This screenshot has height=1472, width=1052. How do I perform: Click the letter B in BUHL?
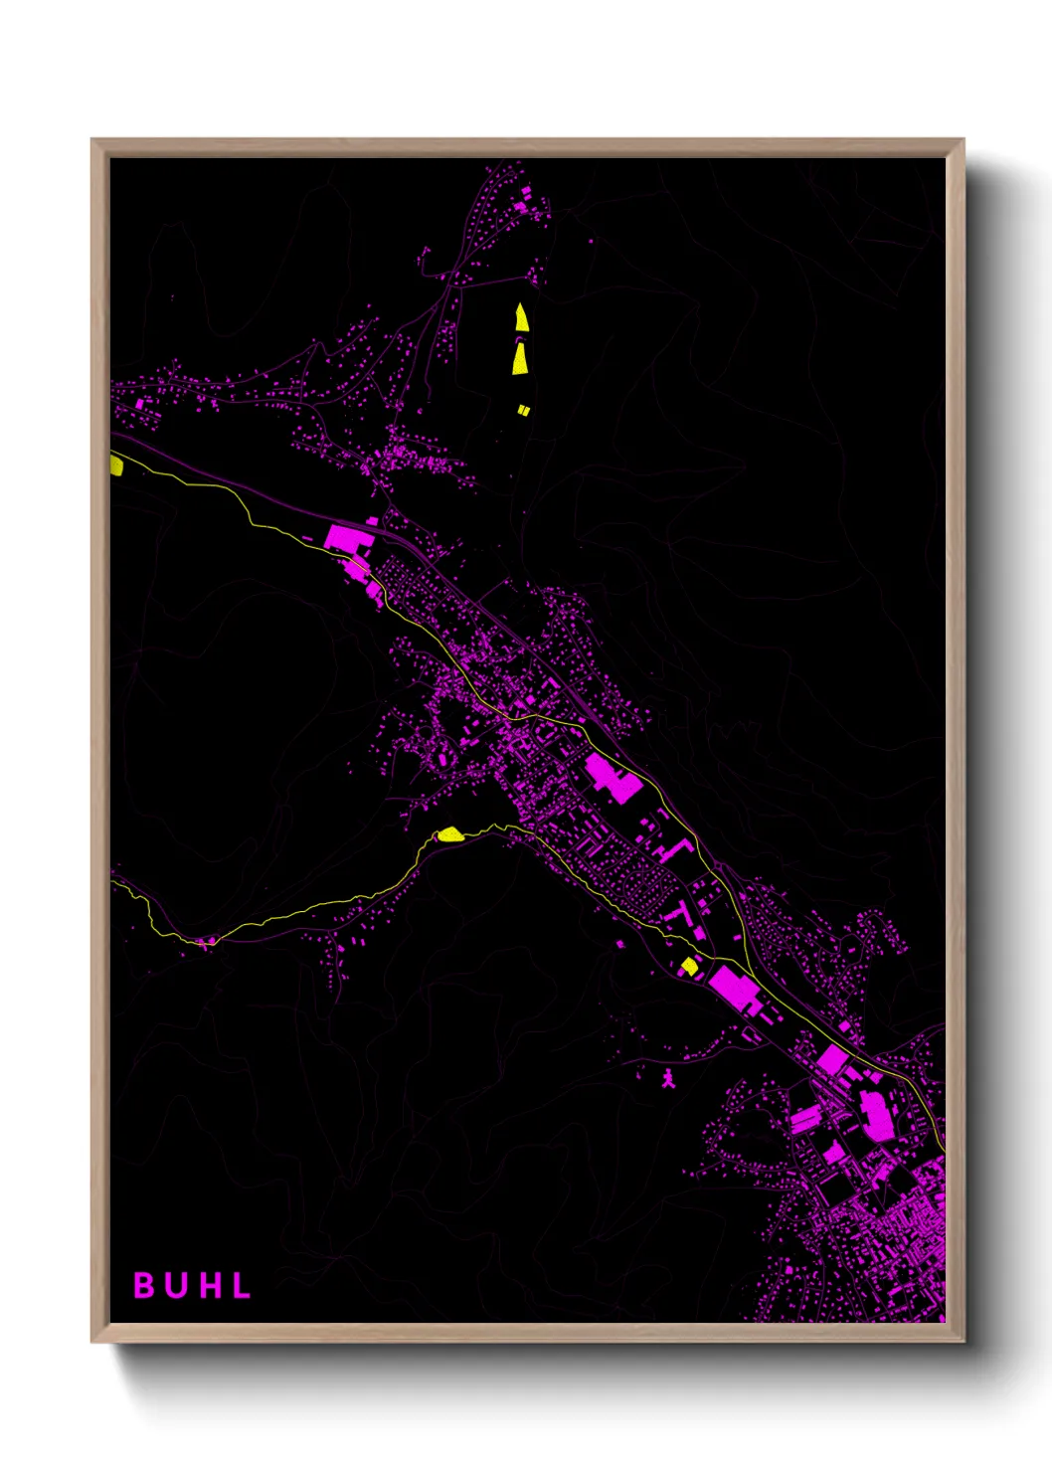click(144, 1285)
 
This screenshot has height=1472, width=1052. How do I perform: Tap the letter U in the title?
click(177, 1285)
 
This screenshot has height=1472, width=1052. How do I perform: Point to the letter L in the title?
click(242, 1285)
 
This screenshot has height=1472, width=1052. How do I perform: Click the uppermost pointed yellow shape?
click(521, 318)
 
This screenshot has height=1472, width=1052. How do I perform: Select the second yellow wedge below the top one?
click(520, 358)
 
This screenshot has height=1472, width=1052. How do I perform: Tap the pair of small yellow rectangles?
click(523, 410)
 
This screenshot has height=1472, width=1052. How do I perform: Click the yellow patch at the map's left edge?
click(116, 465)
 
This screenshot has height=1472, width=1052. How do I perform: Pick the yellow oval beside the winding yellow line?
click(450, 834)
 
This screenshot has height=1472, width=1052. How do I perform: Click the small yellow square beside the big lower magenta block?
click(689, 966)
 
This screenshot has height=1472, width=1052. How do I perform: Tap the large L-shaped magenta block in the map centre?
click(611, 777)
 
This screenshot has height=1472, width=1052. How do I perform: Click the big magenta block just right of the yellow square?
click(734, 987)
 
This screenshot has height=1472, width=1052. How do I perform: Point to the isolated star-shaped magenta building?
click(668, 1078)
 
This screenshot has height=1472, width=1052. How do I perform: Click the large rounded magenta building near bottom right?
click(876, 1115)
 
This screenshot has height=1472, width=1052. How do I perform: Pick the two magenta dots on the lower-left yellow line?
click(207, 941)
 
